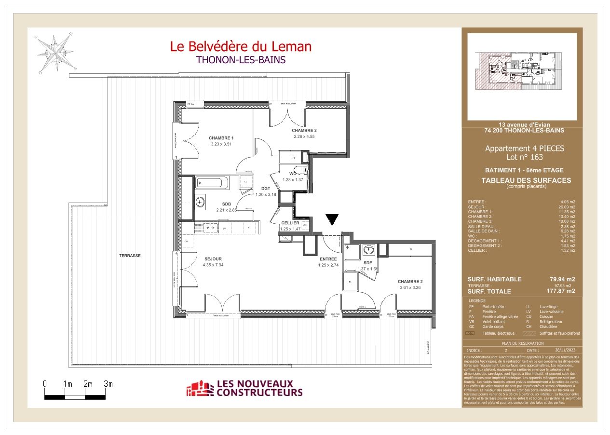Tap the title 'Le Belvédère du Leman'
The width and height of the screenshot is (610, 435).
coord(241,46)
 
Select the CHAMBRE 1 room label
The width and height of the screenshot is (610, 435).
coord(221,138)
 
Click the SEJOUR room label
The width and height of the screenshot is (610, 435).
coord(213,259)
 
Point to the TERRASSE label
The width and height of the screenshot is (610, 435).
coord(130,256)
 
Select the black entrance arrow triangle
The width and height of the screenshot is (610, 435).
coord(332,220)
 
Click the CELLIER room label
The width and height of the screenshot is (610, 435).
coord(290,223)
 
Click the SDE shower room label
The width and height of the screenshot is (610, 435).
coord(367,262)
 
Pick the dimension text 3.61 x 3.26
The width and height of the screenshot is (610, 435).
coord(410,288)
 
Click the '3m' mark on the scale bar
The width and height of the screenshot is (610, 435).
coord(108,384)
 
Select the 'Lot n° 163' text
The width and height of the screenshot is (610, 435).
coord(524,157)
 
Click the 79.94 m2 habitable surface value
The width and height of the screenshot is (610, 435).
coord(563,279)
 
